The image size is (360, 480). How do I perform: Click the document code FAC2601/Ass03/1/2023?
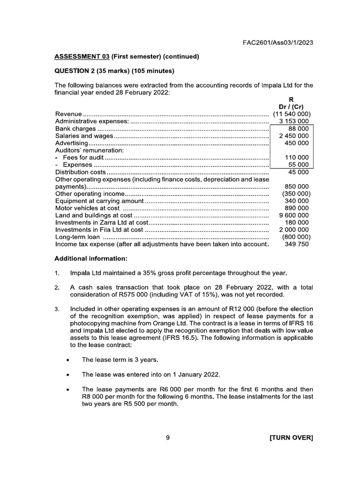tap(277, 42)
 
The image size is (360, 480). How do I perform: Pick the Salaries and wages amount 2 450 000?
tap(293, 136)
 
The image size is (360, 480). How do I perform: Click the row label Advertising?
tap(71, 143)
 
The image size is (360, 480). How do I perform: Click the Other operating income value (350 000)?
tap(295, 194)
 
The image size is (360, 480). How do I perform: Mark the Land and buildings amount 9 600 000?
tap(293, 215)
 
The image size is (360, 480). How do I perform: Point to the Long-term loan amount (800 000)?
tap(295, 237)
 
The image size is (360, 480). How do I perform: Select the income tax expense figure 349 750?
tap(297, 244)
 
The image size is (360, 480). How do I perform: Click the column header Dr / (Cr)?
tap(292, 106)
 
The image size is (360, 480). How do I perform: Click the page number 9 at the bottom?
tap(168, 438)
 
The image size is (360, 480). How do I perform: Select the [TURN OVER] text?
tap(291, 438)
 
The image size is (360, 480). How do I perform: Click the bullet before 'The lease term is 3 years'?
tap(68, 360)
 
